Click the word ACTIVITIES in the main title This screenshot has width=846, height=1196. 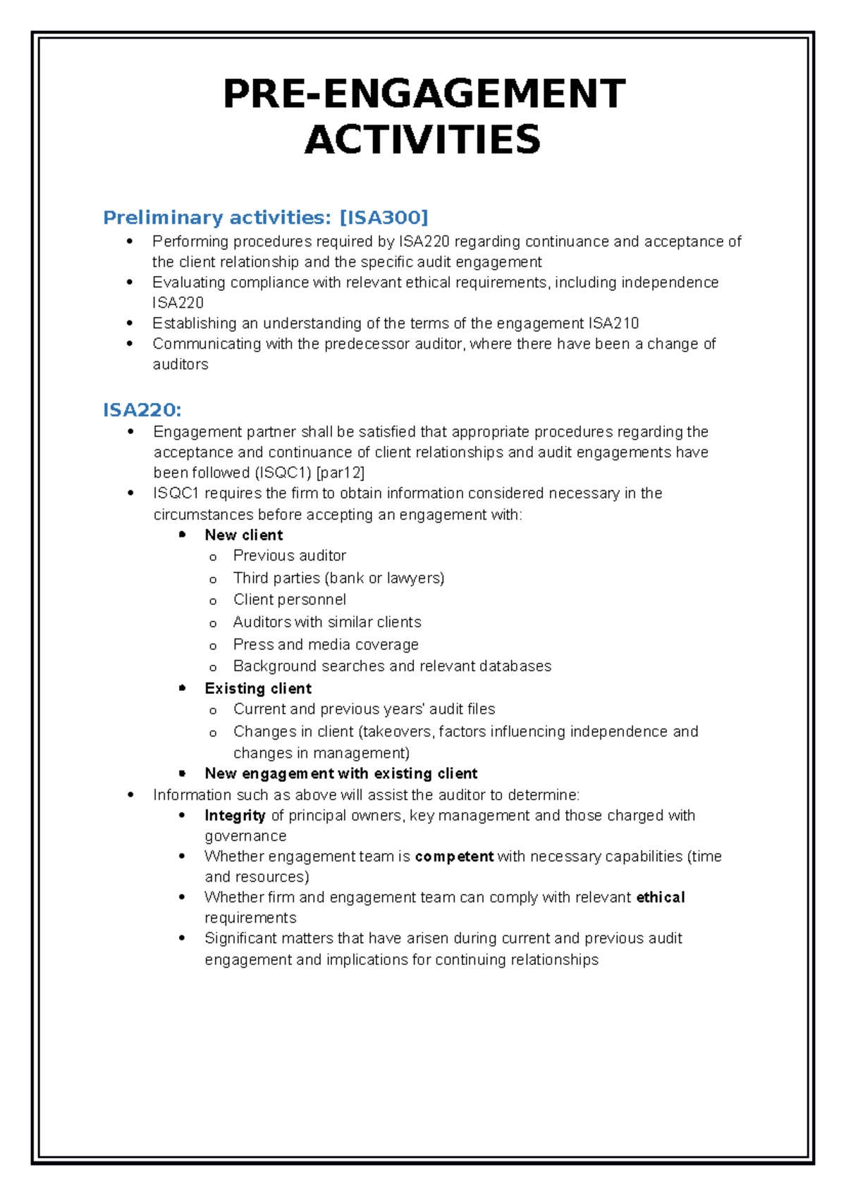tap(422, 139)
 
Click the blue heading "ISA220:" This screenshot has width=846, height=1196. tap(142, 410)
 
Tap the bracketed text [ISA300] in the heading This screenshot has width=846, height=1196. tap(384, 218)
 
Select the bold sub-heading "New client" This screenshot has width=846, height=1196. tap(244, 535)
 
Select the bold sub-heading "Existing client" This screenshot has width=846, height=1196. tap(258, 689)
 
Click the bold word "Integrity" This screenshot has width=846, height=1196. tap(235, 816)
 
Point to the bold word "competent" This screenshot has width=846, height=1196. tap(454, 856)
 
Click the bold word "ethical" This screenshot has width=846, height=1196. tap(661, 897)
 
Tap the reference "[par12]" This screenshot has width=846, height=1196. tap(341, 473)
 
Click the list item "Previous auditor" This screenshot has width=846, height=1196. tap(290, 556)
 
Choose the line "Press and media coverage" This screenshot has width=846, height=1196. tap(326, 644)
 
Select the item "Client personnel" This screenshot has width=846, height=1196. tap(290, 600)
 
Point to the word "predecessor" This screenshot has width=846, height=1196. tap(367, 344)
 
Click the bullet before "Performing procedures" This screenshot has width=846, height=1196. tap(129, 242)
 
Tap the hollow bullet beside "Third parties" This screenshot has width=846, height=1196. tap(213, 580)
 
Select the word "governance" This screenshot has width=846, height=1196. tap(245, 836)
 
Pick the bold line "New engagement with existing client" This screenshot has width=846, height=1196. tap(341, 773)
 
